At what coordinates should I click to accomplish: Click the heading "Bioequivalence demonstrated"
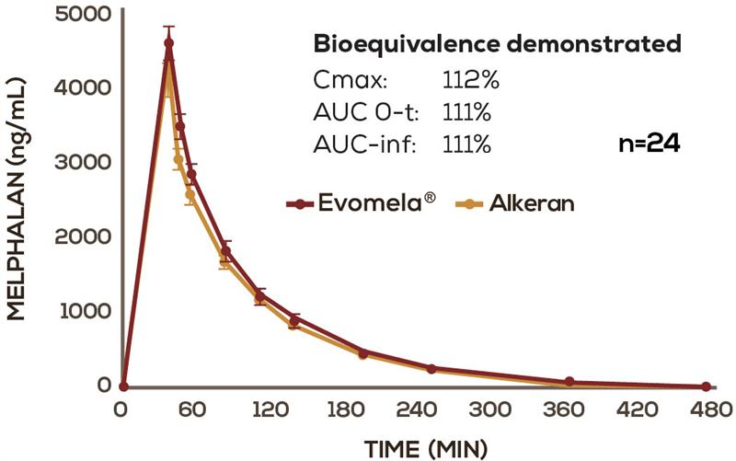[498, 44]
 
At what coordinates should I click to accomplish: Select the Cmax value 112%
[470, 81]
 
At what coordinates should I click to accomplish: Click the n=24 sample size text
[650, 144]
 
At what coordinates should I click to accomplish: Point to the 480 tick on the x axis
[706, 409]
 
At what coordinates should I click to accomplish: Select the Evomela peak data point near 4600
[168, 42]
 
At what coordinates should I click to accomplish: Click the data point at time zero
[123, 386]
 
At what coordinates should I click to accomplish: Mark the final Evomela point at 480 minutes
[706, 386]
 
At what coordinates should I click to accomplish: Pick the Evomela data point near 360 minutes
[569, 381]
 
